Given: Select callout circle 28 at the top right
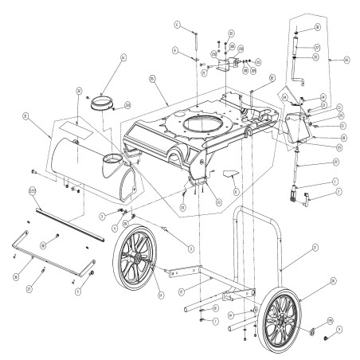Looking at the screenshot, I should (x=317, y=27).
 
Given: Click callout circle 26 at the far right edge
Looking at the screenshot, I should (x=347, y=59).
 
